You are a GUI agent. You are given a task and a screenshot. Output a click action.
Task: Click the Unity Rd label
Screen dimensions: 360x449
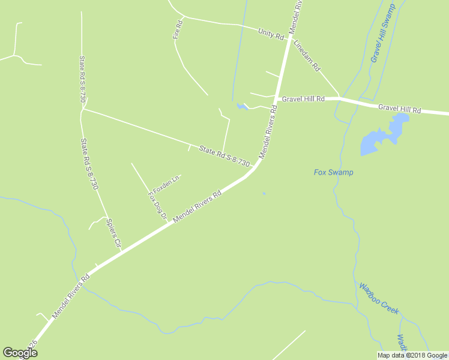271,34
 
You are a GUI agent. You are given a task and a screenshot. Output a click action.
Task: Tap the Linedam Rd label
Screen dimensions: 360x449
306,56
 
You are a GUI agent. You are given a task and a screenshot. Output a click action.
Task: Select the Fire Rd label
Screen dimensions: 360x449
177,31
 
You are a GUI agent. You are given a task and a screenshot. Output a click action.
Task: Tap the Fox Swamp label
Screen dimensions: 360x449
334,172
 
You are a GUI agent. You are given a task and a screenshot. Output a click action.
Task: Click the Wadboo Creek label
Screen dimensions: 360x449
379,298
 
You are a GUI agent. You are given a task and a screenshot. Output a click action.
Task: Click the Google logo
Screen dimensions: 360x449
20,352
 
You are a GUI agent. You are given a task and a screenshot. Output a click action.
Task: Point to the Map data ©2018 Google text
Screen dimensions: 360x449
412,355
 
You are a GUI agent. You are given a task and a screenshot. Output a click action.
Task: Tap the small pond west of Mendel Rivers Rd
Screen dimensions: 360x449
242,107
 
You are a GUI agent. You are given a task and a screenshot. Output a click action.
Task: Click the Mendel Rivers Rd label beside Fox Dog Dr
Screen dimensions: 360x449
197,208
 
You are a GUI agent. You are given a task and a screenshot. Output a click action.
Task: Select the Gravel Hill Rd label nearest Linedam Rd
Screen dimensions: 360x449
303,98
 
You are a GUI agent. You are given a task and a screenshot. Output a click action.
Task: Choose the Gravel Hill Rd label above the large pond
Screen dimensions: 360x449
400,109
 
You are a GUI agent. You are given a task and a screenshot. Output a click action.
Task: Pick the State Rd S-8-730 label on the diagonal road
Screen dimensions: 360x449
224,157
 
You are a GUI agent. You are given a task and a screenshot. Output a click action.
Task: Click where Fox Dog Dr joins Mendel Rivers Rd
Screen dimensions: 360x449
166,221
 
